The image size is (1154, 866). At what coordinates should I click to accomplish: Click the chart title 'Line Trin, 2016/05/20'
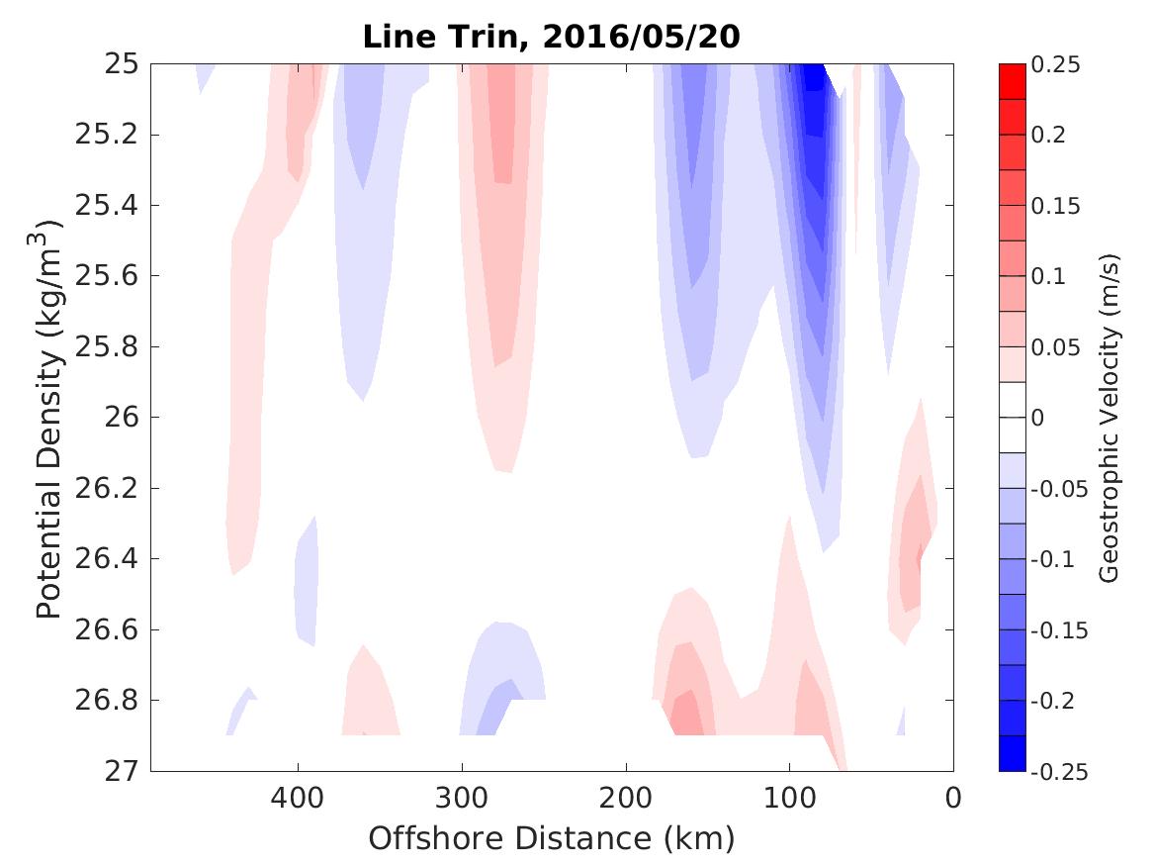click(552, 36)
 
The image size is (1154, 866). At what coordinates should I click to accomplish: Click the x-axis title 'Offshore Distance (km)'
click(552, 838)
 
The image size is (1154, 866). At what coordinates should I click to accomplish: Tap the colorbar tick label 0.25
click(1056, 65)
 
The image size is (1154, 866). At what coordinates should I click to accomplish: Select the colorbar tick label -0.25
click(1059, 771)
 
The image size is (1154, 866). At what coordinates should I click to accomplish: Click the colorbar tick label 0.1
click(1050, 276)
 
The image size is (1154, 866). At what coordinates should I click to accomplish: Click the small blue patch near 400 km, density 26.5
click(307, 584)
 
